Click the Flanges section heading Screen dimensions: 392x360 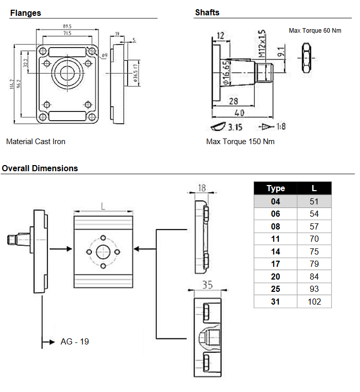point(26,13)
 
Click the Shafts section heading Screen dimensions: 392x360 point(207,13)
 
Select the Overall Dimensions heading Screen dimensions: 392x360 point(40,168)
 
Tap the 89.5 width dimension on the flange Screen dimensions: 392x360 point(67,26)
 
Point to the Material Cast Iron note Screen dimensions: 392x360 point(36,142)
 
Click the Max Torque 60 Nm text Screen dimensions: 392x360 point(315,31)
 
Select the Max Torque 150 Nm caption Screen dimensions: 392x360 point(240,142)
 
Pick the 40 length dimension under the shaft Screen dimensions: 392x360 point(238,112)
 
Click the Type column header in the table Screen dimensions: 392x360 point(276,188)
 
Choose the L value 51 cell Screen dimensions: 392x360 point(314,201)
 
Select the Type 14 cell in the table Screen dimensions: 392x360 point(276,251)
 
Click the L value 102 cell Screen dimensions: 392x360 point(314,302)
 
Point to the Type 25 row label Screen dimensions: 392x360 point(276,289)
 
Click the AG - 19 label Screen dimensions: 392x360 point(75,341)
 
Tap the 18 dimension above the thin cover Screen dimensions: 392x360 point(202,189)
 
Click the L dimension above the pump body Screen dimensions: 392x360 point(103,206)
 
